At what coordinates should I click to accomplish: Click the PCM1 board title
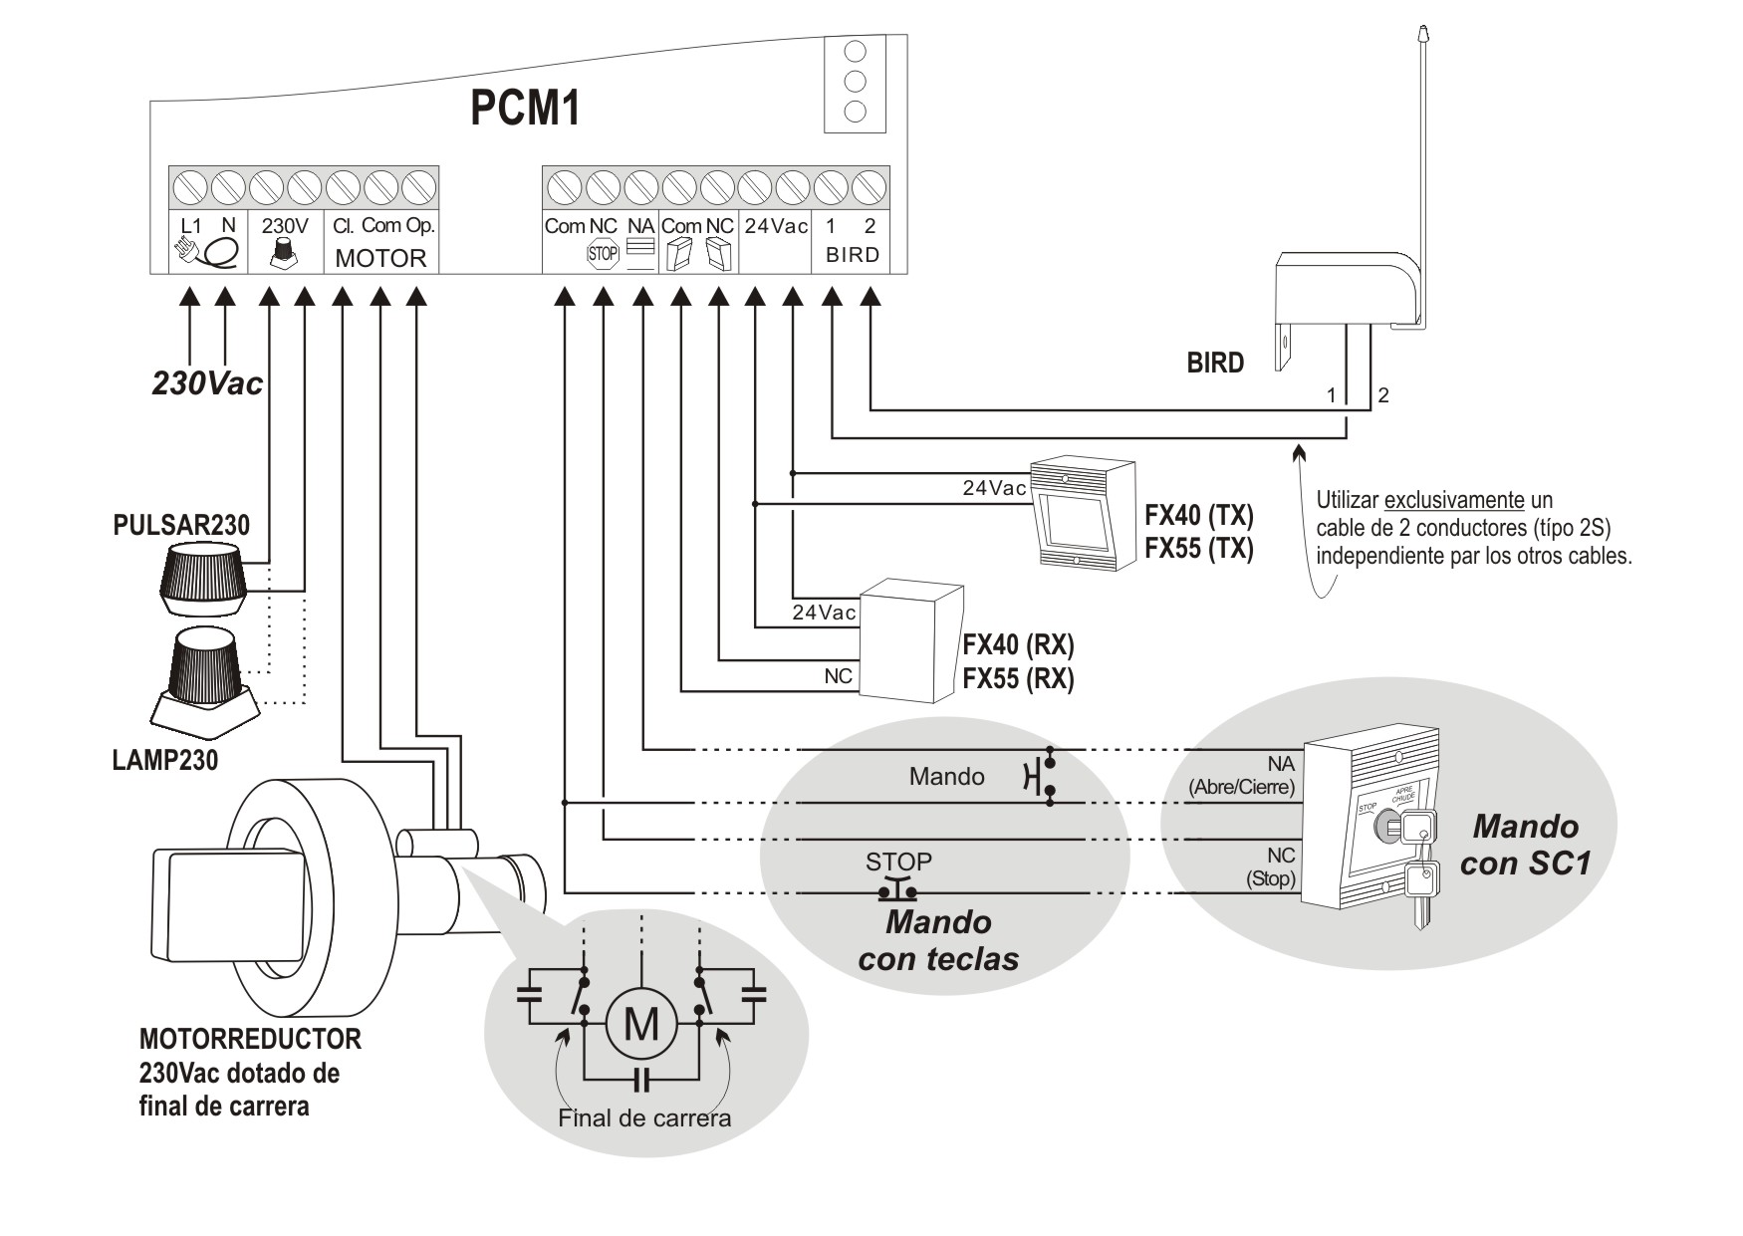[x=525, y=109]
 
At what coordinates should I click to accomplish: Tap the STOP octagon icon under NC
[x=603, y=254]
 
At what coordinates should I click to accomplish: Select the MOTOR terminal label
[x=380, y=258]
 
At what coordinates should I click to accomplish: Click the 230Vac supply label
[x=207, y=383]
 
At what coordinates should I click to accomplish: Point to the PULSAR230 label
[x=181, y=525]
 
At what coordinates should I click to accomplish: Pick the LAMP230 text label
[x=164, y=760]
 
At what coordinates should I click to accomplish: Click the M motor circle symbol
[x=641, y=1022]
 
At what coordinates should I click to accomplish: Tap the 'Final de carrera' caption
[x=644, y=1117]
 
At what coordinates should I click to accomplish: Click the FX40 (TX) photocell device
[x=1083, y=514]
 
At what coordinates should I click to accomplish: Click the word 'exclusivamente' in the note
[x=1454, y=500]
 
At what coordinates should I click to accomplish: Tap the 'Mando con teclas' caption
[x=938, y=940]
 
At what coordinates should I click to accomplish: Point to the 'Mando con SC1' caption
[x=1525, y=844]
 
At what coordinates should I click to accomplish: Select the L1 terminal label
[x=191, y=226]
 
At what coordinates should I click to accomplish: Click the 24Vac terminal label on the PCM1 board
[x=776, y=226]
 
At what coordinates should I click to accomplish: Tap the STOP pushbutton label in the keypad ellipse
[x=898, y=862]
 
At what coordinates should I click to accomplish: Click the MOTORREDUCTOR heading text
[x=250, y=1039]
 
